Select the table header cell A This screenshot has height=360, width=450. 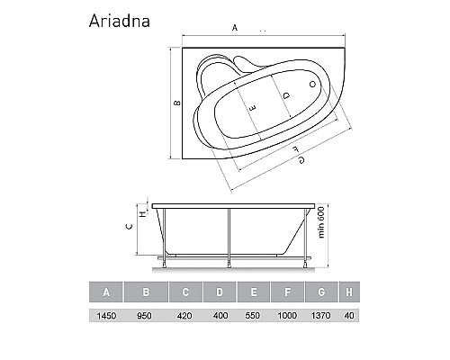point(106,291)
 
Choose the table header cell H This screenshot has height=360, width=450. point(348,291)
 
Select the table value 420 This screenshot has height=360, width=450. point(184,317)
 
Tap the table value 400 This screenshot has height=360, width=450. point(220,317)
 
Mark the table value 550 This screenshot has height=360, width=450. point(255,317)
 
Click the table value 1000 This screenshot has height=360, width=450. point(290,317)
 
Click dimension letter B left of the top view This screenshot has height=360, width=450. point(177,102)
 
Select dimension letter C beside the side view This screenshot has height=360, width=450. point(130,227)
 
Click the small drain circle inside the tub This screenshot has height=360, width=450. point(312,85)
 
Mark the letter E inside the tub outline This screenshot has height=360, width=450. point(253,107)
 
